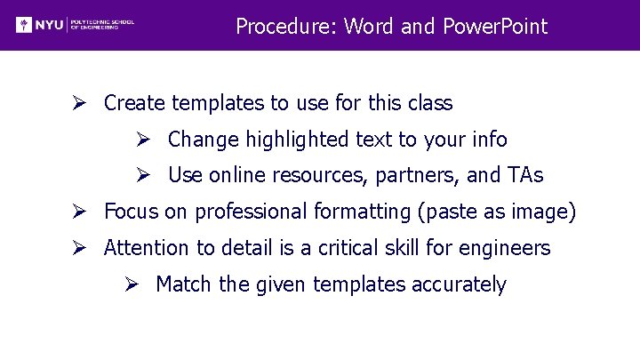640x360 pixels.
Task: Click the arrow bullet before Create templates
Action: pos(79,103)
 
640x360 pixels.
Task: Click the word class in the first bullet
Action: pos(430,104)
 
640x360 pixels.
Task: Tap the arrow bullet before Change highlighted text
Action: pos(142,140)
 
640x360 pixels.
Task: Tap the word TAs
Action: pos(524,176)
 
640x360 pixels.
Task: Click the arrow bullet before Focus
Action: pos(79,212)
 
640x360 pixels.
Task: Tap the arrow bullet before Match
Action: pos(130,284)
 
